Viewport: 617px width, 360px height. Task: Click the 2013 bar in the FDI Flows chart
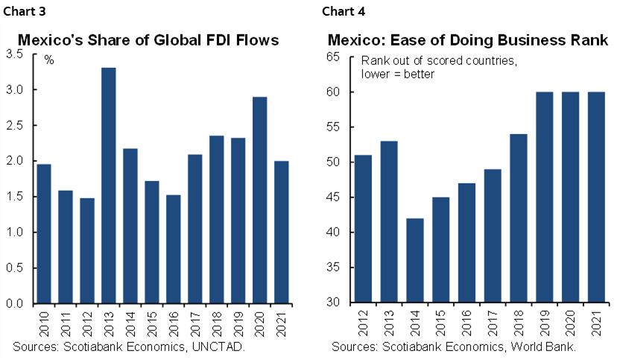click(x=109, y=186)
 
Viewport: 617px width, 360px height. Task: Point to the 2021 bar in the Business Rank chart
click(x=597, y=198)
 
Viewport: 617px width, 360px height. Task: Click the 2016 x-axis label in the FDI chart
click(x=174, y=325)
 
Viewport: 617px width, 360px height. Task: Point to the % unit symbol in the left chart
click(x=49, y=60)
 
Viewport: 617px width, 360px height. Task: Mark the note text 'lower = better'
click(x=398, y=74)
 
